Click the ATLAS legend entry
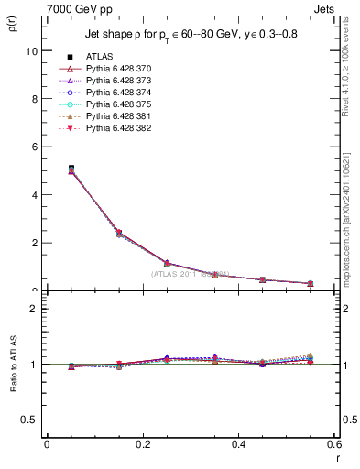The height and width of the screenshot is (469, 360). pyautogui.click(x=98, y=56)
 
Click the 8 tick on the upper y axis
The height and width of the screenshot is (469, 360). pyautogui.click(x=35, y=99)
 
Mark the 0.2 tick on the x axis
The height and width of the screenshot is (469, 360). pyautogui.click(x=142, y=443)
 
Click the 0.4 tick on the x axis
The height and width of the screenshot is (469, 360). pyautogui.click(x=238, y=443)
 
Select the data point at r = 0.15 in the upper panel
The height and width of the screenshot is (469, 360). pyautogui.click(x=119, y=234)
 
